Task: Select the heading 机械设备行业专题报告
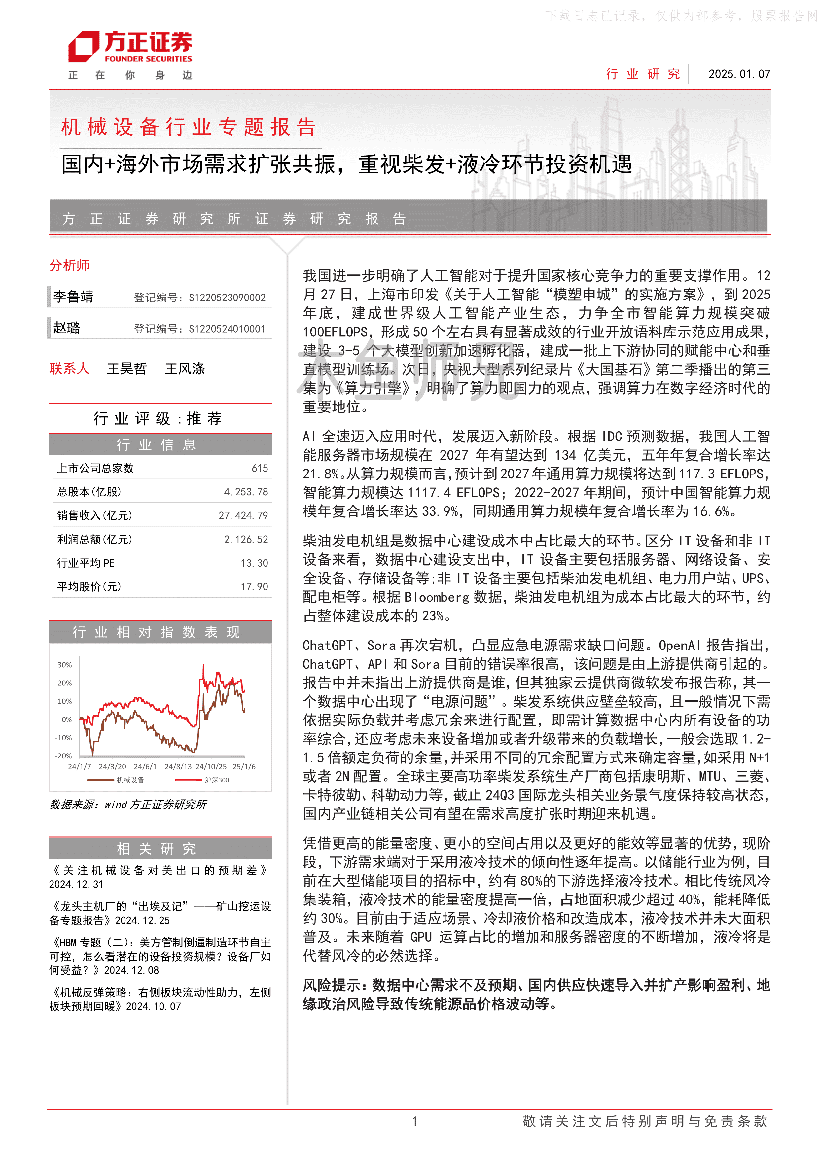click(189, 127)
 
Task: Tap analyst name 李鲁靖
click(74, 297)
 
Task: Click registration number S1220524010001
click(227, 329)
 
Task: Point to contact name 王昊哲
click(126, 369)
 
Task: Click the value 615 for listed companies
click(260, 468)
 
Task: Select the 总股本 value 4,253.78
click(246, 492)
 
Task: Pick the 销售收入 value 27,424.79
click(243, 515)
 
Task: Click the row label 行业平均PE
click(86, 563)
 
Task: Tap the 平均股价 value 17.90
click(254, 586)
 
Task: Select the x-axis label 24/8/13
click(178, 767)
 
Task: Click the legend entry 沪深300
click(216, 780)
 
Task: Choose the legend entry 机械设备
click(130, 780)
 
